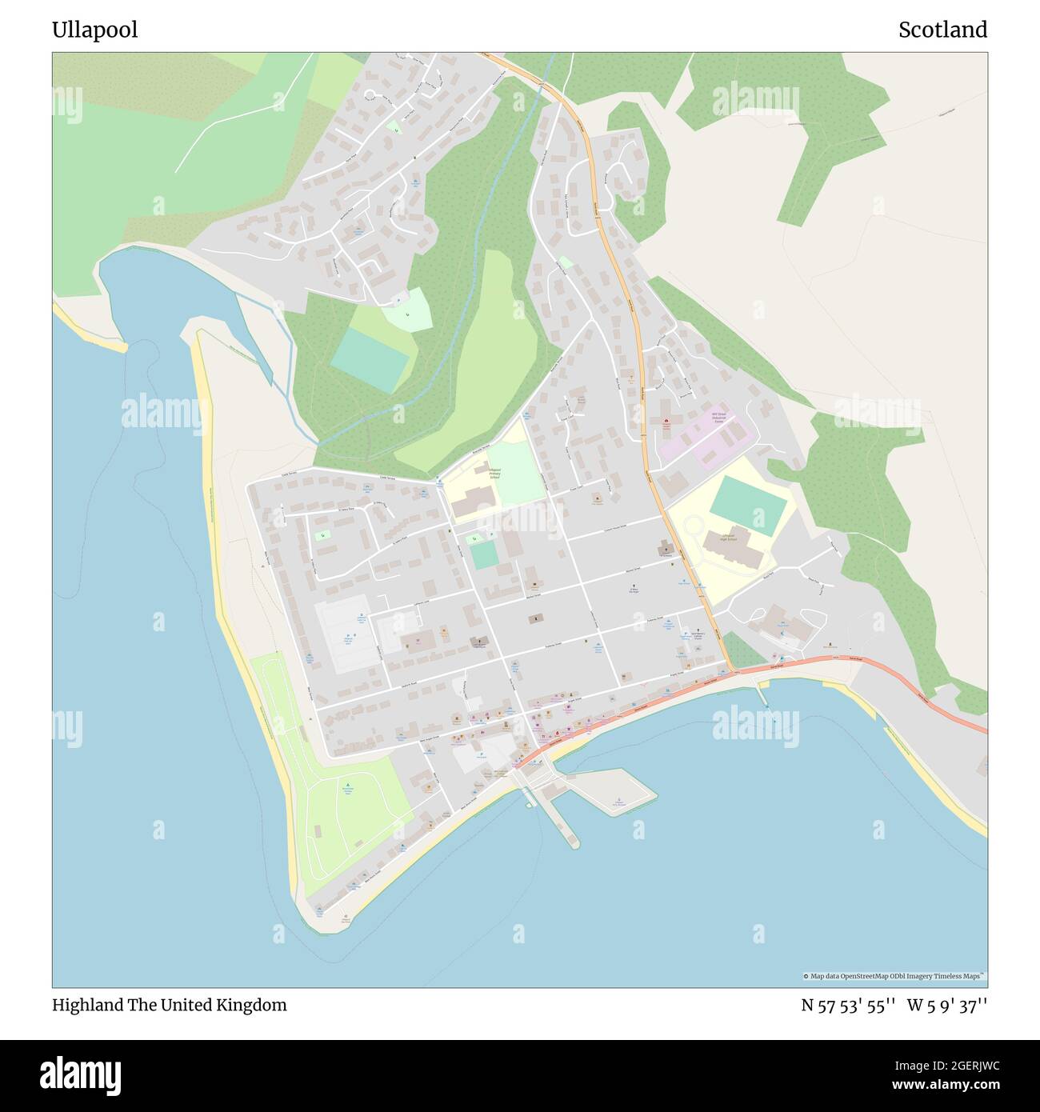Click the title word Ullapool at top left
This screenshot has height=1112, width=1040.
coord(94,30)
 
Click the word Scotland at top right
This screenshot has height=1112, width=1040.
coord(942,30)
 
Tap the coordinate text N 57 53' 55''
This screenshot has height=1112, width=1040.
coord(847,1006)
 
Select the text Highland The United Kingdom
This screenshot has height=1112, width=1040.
coord(169,1006)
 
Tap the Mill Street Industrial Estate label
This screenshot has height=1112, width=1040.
coord(722,418)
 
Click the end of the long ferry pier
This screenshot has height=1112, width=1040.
coord(571,842)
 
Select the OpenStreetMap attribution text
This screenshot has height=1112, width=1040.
coord(894,976)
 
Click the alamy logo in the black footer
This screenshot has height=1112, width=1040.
coord(80,1075)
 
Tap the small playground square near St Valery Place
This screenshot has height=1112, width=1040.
coord(322,534)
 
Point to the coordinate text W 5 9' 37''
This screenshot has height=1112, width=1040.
coord(946,1006)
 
